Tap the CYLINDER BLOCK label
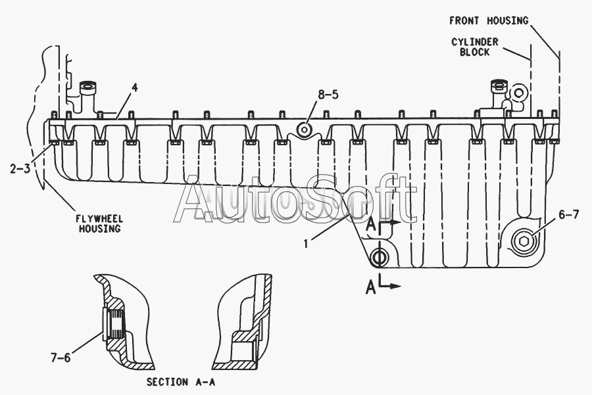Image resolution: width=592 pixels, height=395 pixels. (x=474, y=47)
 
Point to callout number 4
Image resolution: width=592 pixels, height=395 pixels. (x=134, y=87)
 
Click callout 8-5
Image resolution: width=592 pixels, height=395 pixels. (x=328, y=95)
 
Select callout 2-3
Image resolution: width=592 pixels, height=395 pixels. (x=20, y=168)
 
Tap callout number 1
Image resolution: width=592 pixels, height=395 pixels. (x=306, y=243)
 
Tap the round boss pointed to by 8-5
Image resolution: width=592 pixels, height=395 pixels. (x=305, y=130)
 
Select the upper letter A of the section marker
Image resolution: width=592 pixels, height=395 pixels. (x=372, y=225)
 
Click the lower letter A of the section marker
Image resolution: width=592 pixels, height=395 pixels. (x=372, y=287)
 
